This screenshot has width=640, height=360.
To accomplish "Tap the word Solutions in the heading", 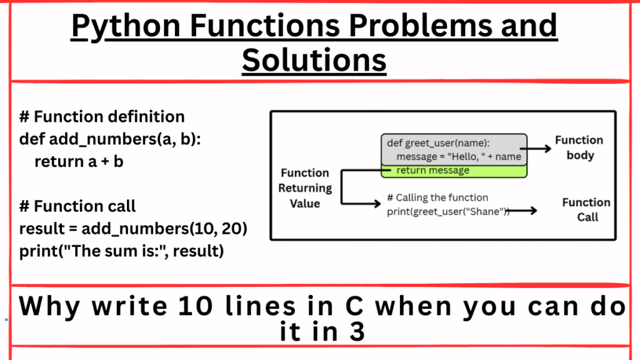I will click(x=314, y=61).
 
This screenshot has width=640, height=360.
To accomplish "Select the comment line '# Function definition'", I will click(x=102, y=117).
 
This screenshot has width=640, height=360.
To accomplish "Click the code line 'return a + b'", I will click(x=79, y=161).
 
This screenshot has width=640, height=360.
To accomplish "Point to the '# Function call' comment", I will click(x=77, y=206).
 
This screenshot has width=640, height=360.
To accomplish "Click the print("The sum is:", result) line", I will click(x=121, y=251).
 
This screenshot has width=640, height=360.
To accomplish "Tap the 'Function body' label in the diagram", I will click(x=579, y=147).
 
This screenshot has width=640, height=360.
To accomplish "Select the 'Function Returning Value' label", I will click(x=305, y=188).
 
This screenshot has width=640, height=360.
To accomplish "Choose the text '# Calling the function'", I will click(x=437, y=197).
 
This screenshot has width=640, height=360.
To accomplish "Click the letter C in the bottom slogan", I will click(x=347, y=307).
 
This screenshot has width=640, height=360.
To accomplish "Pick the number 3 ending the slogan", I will click(x=357, y=331).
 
